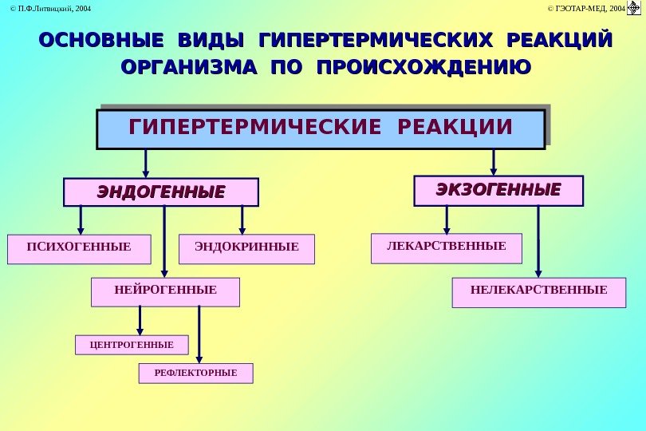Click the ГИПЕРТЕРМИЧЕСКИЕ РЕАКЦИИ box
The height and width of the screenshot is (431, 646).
[321, 129]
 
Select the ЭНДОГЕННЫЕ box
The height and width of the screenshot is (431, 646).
[161, 192]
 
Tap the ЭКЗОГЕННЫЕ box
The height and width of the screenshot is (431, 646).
[498, 191]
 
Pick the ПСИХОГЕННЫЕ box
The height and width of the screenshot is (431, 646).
[78, 248]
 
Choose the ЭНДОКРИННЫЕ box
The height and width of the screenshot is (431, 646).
[247, 248]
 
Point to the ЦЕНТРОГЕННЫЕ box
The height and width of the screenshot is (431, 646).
[132, 345]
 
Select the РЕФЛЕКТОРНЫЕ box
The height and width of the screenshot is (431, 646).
[195, 373]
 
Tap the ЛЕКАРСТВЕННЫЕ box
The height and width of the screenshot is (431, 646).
[447, 247]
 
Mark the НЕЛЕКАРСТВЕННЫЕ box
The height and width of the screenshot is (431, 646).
[538, 292]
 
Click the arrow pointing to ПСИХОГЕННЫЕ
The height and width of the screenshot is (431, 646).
[81, 219]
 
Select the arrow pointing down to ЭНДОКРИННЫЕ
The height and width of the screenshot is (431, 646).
[242, 219]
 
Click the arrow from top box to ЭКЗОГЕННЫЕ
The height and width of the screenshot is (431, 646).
[494, 161]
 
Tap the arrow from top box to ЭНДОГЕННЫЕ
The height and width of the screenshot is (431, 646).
[146, 163]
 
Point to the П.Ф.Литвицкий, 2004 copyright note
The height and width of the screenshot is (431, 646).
[46, 9]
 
